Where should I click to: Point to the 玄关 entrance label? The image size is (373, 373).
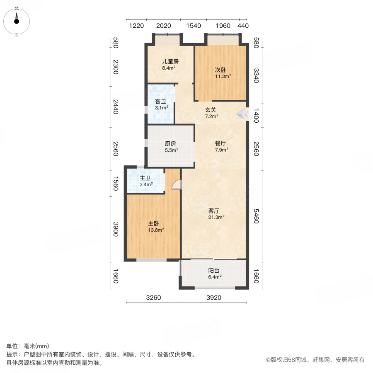(211, 110)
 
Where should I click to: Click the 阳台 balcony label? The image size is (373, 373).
(214, 271)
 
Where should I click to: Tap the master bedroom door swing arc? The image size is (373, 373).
(176, 184)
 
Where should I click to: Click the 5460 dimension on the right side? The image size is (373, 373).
(256, 216)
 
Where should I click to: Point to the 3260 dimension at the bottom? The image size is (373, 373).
(153, 298)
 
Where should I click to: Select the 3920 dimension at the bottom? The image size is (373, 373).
(214, 298)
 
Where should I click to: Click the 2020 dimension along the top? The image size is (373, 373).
(164, 26)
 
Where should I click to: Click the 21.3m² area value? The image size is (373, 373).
(216, 217)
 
